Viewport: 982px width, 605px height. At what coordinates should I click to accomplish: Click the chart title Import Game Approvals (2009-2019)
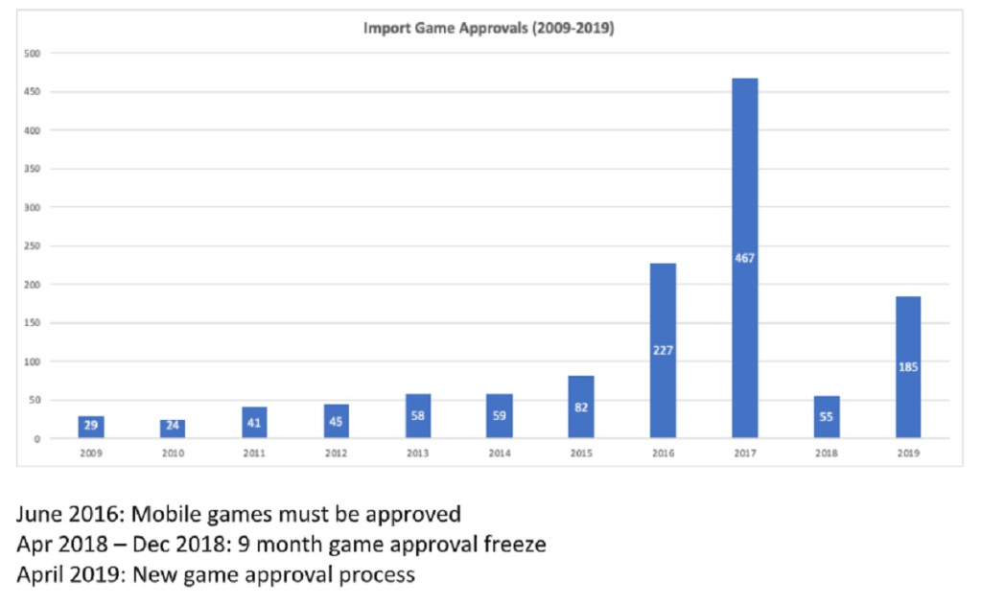point(488,29)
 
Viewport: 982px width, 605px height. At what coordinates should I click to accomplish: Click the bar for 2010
point(173,429)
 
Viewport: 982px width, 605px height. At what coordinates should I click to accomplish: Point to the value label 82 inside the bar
point(581,407)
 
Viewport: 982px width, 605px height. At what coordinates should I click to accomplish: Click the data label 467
point(744,258)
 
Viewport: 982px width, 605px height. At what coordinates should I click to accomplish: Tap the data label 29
point(91,424)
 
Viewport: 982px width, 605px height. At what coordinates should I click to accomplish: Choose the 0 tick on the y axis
point(37,439)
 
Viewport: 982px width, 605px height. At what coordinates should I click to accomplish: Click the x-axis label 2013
point(417,454)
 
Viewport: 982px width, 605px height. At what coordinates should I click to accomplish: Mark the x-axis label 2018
point(826,454)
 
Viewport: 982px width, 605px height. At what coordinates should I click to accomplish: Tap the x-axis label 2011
point(254,454)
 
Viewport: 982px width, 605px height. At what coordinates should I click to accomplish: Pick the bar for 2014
point(499,416)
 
